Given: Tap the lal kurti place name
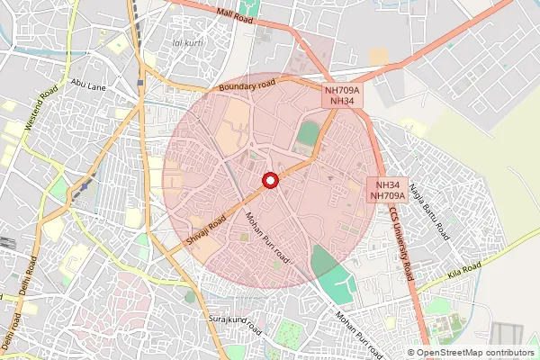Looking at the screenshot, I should (187, 42).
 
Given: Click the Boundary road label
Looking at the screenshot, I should (247, 87).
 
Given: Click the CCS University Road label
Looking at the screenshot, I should (401, 243).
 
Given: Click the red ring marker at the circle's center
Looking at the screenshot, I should (269, 181).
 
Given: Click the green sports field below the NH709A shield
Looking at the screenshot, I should (308, 134).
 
